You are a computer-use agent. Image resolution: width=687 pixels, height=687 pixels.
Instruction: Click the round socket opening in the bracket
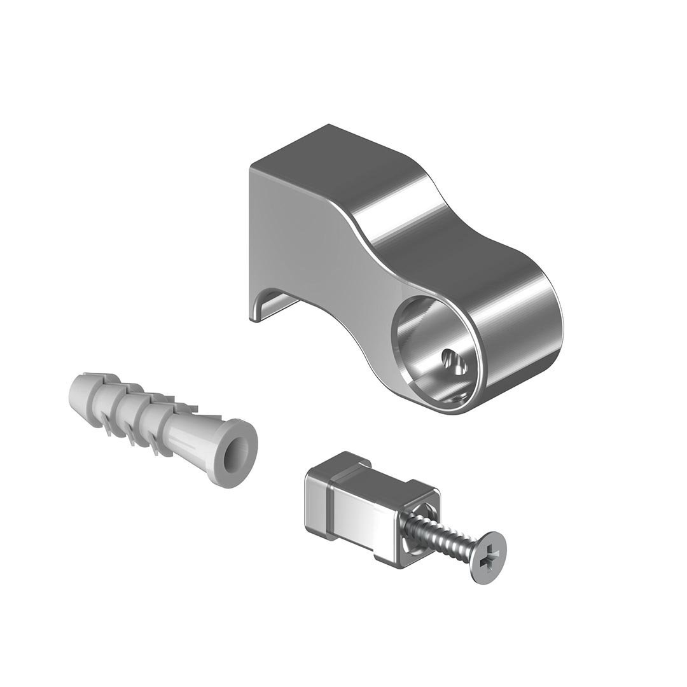(433, 343)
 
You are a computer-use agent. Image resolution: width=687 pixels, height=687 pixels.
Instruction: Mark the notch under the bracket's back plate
(280, 305)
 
